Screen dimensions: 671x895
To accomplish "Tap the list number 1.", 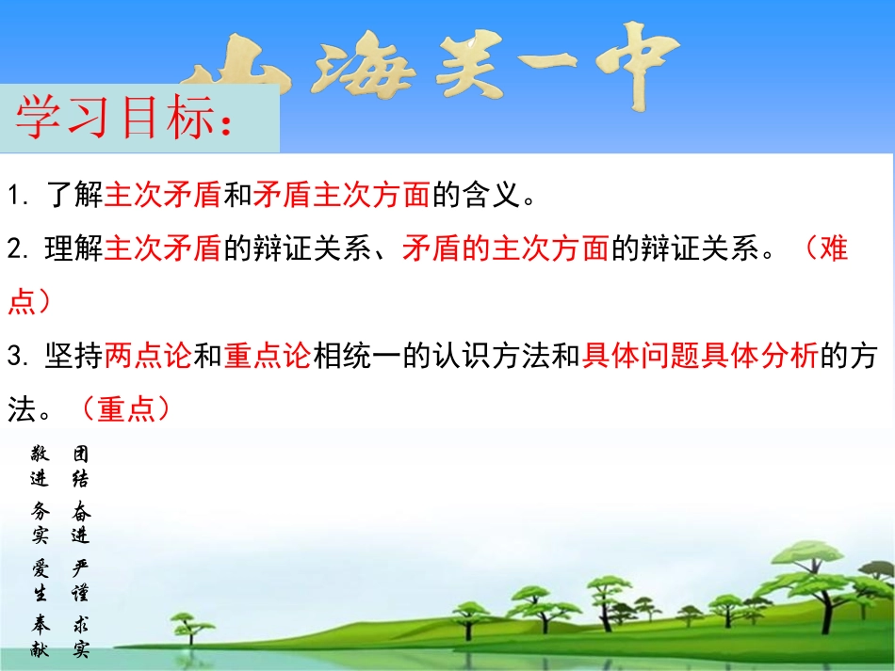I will click(x=16, y=197).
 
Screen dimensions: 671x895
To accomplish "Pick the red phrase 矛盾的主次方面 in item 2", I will click(x=506, y=249).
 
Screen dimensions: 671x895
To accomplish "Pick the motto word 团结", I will click(x=81, y=467).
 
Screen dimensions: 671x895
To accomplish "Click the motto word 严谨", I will click(x=81, y=582).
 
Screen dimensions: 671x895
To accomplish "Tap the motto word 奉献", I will click(x=40, y=637).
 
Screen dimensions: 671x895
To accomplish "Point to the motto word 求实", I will click(x=81, y=637).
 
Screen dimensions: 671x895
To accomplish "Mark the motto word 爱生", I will click(x=40, y=582).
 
